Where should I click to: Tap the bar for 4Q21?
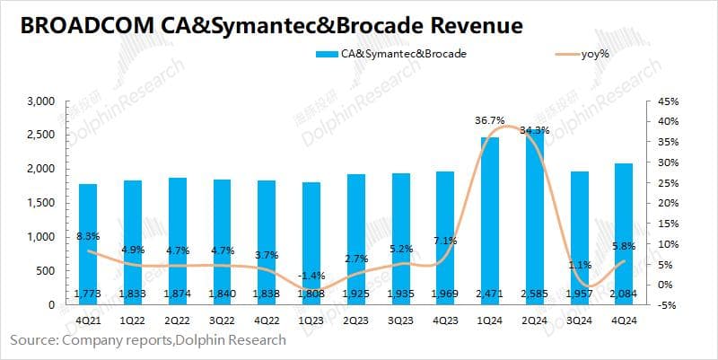tap(89, 243)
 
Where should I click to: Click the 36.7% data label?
tap(490, 119)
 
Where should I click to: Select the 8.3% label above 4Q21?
tap(88, 235)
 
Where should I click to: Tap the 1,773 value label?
tap(89, 294)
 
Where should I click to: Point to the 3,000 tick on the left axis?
tap(41, 101)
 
